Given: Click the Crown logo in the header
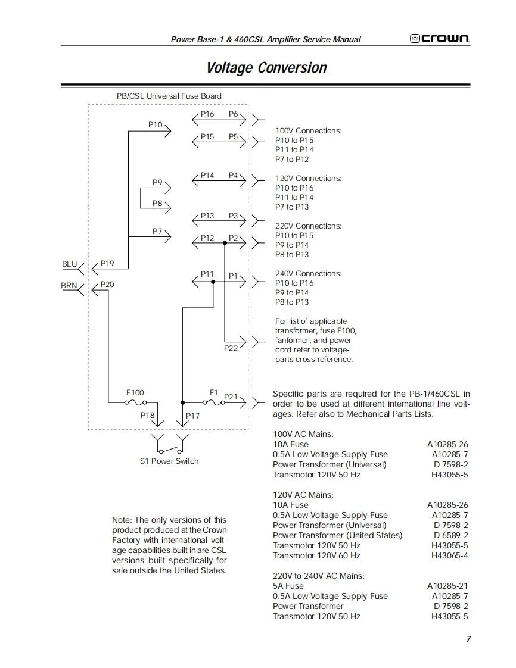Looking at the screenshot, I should tap(440, 39).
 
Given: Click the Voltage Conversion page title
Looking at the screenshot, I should tap(266, 67).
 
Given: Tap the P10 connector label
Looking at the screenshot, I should tap(155, 124).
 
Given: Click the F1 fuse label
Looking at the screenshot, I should tap(214, 392).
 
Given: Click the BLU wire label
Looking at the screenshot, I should tap(70, 263).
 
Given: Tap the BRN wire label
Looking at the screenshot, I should tap(69, 285).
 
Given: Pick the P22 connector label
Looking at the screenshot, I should tap(231, 348).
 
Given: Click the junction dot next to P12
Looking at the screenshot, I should tap(225, 243).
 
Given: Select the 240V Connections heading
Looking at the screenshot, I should tap(308, 273).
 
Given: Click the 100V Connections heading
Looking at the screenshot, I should tap(308, 130).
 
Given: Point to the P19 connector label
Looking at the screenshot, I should tap(107, 263).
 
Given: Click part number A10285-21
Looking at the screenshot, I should tap(447, 586).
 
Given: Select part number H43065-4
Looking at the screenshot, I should tap(449, 555).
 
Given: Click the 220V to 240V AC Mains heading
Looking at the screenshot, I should tap(318, 576).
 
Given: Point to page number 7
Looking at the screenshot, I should tap(468, 639).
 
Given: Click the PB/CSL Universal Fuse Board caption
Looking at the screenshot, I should tap(169, 96).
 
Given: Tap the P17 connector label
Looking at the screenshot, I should tap(192, 416).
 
